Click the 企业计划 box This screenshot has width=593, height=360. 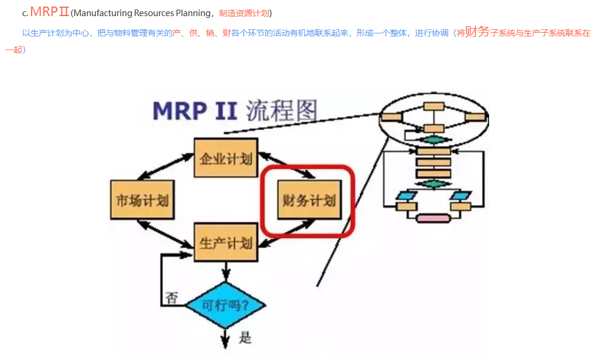226,158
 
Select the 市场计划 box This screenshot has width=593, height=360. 142,200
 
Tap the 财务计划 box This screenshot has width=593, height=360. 309,200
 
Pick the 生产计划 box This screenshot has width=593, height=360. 226,242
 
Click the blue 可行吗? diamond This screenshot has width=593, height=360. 226,306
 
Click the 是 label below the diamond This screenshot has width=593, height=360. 245,339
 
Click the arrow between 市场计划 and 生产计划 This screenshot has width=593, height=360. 167,232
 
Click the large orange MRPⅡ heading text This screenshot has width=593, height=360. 50,11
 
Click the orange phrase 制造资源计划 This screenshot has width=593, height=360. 245,13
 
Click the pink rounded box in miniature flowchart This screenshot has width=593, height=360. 433,218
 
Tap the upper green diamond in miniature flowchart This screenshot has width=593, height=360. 433,140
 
